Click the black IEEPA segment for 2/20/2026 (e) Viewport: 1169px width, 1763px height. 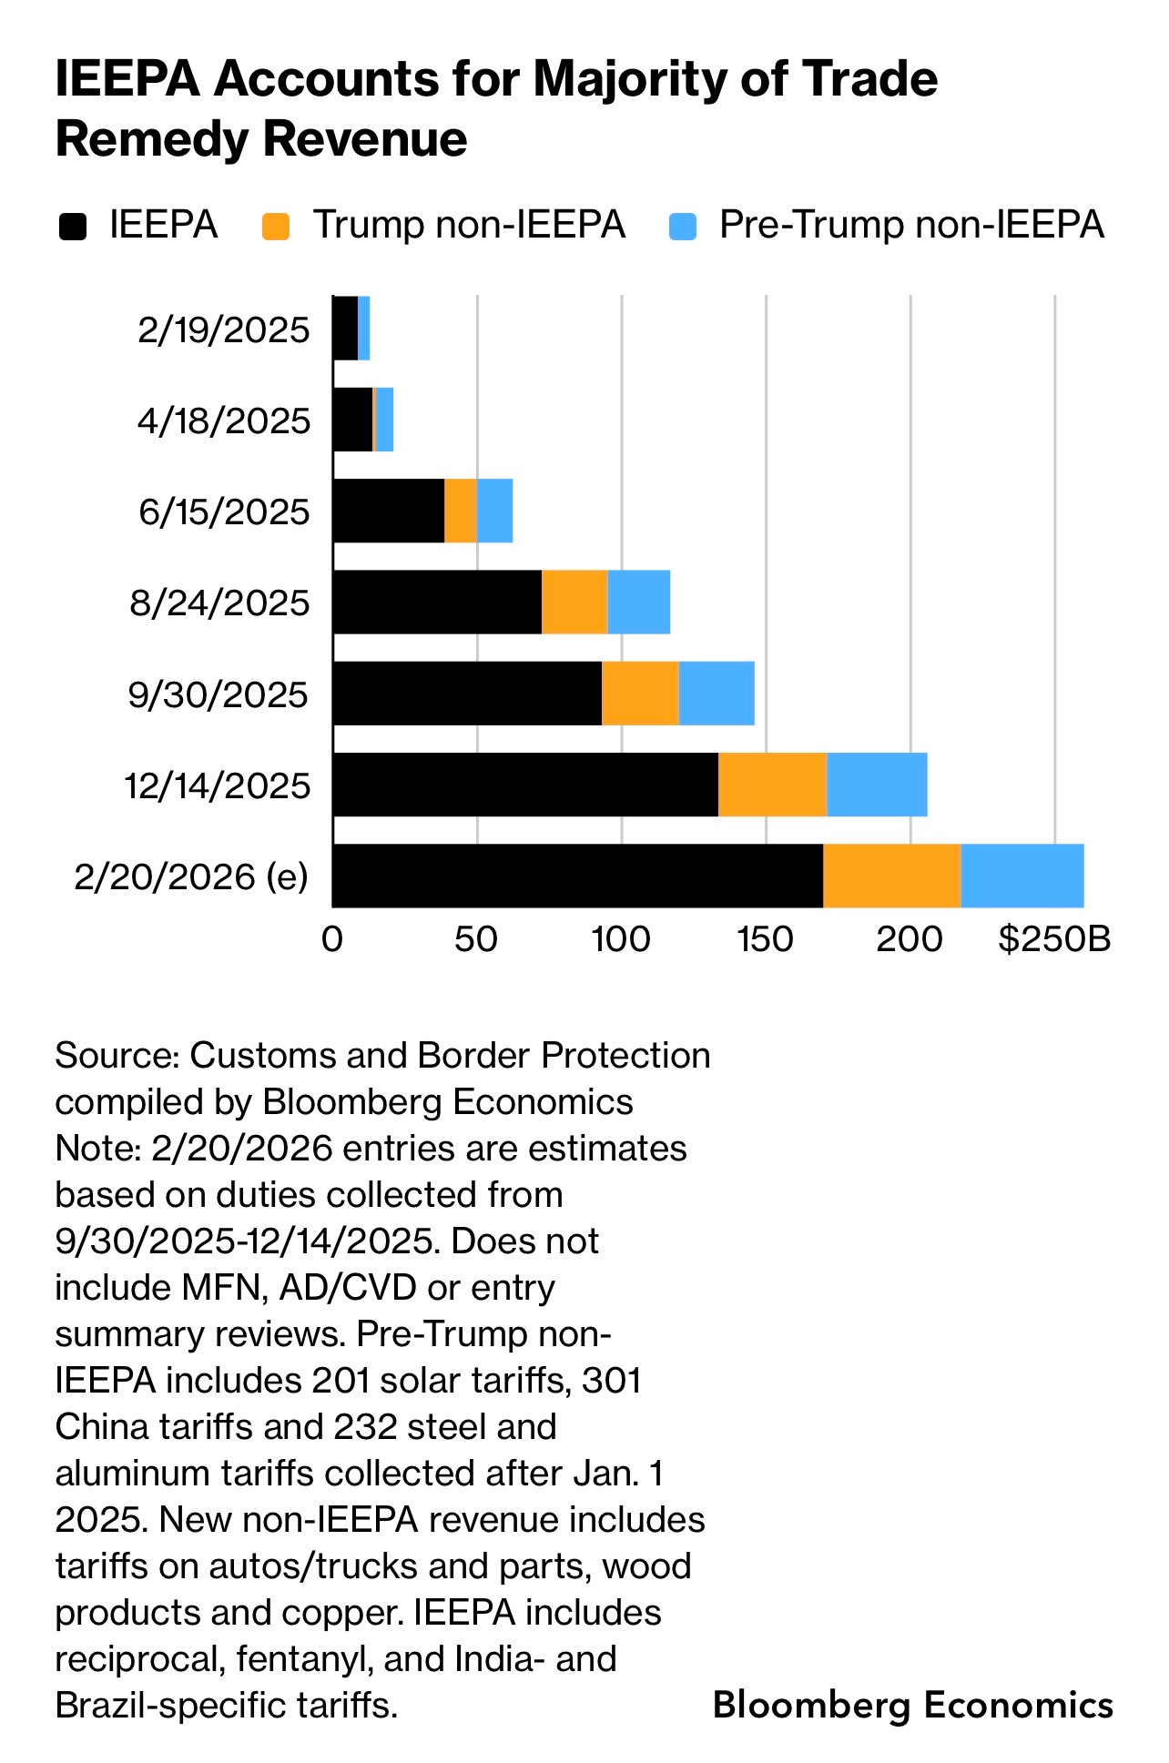coord(577,876)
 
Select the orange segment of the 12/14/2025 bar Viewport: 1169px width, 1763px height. coord(772,785)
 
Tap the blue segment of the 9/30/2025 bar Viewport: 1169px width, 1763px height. coord(717,694)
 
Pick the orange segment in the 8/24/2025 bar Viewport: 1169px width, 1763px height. coord(574,602)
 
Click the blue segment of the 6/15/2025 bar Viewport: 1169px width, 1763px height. coord(494,511)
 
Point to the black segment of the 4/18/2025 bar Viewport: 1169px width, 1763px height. coord(352,420)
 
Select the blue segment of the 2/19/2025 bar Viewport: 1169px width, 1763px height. coord(363,329)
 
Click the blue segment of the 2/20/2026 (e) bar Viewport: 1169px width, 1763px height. coord(1022,876)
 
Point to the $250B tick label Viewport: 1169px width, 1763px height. coord(1054,938)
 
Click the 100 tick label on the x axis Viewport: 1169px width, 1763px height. coord(621,938)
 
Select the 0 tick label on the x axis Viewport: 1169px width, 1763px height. coord(332,938)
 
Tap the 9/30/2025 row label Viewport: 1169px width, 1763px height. coord(219,694)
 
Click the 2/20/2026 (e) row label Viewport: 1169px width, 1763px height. coord(191,876)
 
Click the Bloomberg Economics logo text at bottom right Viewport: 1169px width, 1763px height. coord(913,1704)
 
